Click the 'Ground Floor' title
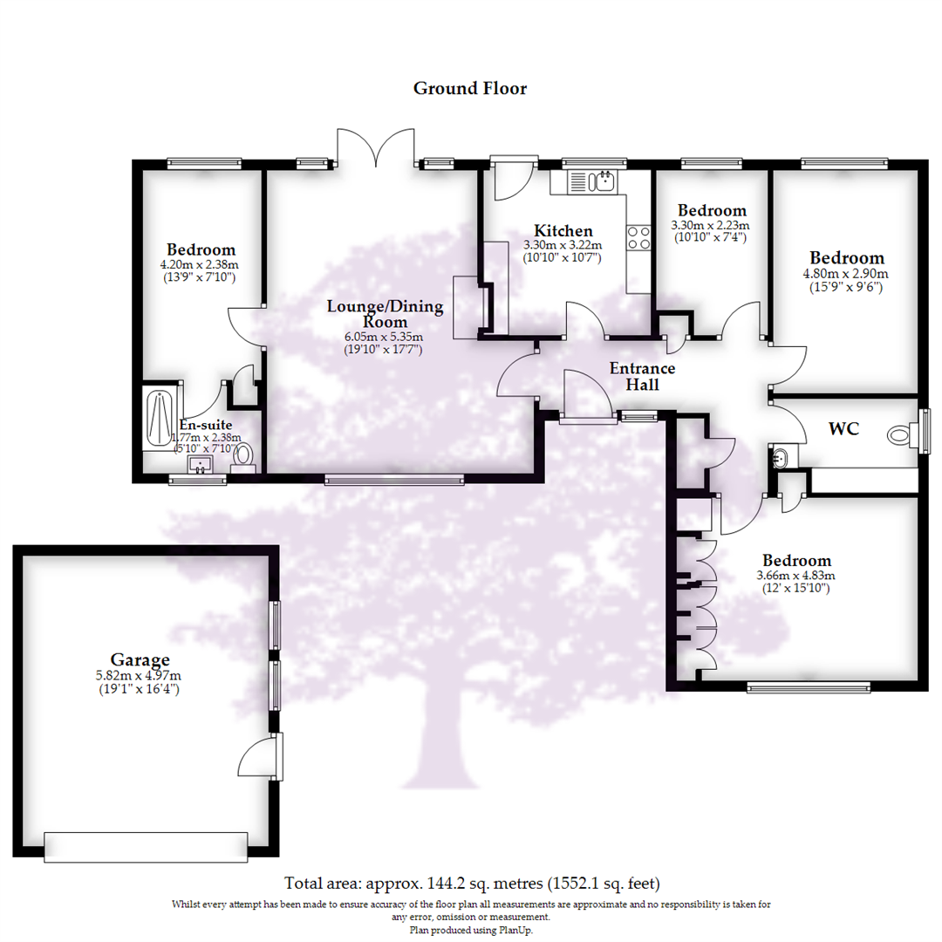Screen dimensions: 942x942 click(469, 88)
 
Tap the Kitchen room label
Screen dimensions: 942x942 click(563, 231)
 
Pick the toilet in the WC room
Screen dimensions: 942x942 click(899, 433)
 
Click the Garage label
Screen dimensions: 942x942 click(140, 659)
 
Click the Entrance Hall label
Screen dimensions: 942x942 click(642, 376)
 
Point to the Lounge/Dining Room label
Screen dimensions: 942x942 click(385, 314)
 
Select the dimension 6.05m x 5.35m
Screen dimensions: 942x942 click(385, 338)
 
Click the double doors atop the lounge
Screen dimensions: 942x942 click(377, 148)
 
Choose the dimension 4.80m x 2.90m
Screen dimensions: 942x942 click(846, 273)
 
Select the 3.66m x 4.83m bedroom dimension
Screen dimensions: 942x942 click(796, 576)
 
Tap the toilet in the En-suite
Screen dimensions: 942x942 click(244, 456)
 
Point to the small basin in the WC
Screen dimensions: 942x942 click(780, 455)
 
